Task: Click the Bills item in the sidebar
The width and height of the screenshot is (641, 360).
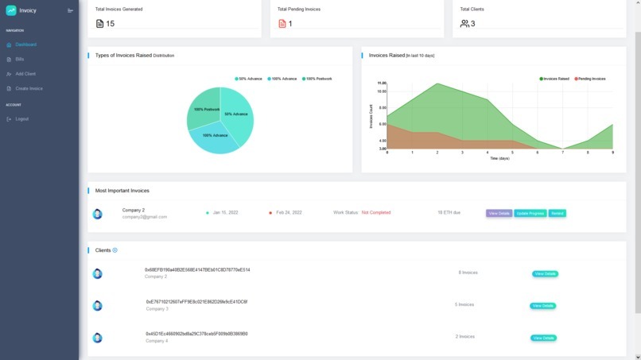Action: pyautogui.click(x=20, y=59)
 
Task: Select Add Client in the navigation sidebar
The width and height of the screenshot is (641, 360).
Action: pyautogui.click(x=25, y=73)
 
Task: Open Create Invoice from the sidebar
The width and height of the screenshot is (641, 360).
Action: pyautogui.click(x=29, y=88)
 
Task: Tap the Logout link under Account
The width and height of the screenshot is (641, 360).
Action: pyautogui.click(x=21, y=119)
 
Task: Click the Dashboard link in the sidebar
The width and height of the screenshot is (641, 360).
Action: pyautogui.click(x=25, y=45)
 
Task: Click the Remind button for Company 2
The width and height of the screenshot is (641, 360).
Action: pyautogui.click(x=557, y=213)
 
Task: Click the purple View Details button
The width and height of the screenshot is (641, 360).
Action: pyautogui.click(x=499, y=213)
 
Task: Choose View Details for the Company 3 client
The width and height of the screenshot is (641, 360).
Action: pyautogui.click(x=543, y=305)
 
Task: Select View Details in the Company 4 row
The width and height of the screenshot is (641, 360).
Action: pyautogui.click(x=544, y=338)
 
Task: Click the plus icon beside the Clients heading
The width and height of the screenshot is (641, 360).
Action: pyautogui.click(x=115, y=250)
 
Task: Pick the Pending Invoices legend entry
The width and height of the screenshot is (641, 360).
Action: pyautogui.click(x=591, y=79)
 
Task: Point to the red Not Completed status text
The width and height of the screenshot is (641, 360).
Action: pyautogui.click(x=375, y=213)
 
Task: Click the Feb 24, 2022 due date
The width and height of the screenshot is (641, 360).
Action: pyautogui.click(x=288, y=213)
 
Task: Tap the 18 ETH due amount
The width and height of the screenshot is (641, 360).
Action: pyautogui.click(x=449, y=213)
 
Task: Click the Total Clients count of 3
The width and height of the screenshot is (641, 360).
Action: pyautogui.click(x=472, y=24)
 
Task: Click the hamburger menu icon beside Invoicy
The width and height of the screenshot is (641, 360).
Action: pyautogui.click(x=70, y=10)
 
